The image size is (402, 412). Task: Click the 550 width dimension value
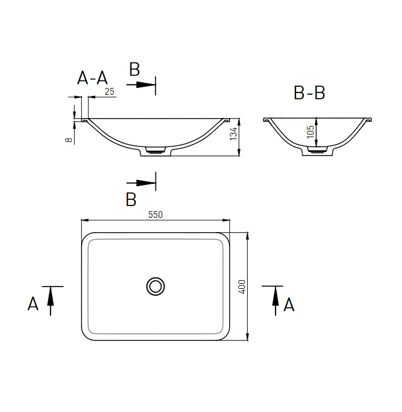coord(155,215)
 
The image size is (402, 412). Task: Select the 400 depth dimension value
coord(242,287)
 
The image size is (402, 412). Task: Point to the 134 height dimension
coord(233,133)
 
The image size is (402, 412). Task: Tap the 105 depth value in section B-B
coord(310,132)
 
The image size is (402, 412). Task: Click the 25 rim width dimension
coord(109,91)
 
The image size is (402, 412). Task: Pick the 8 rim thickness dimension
coord(69,140)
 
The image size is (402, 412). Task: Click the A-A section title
coord(92,78)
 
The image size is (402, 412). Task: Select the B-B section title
coord(310,93)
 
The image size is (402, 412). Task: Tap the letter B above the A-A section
coord(134,69)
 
